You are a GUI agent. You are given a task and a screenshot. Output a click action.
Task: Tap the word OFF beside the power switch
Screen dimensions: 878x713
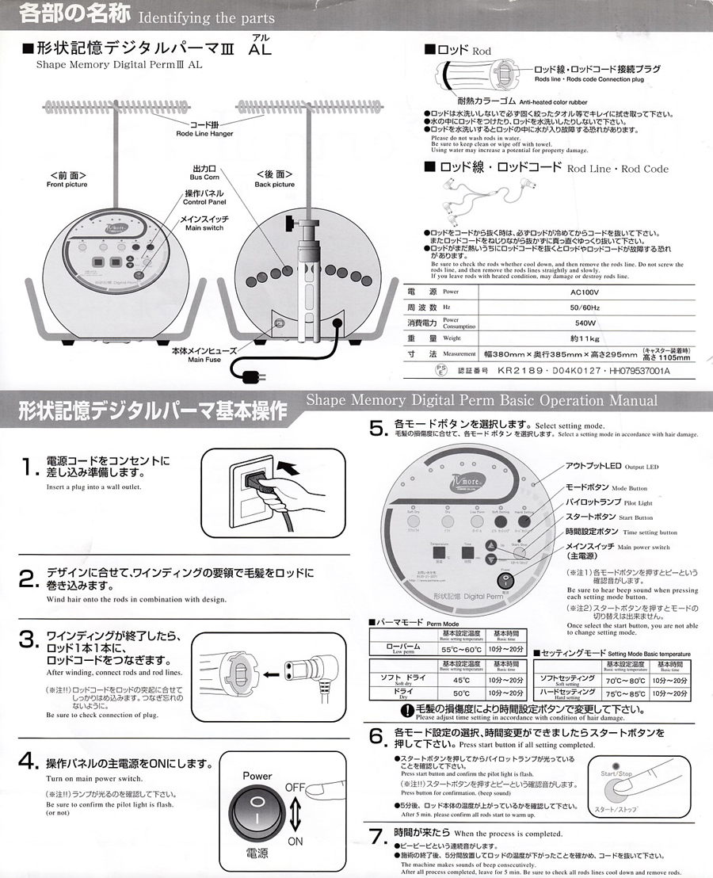click(295, 786)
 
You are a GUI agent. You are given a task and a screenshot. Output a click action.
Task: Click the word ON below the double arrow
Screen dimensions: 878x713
click(295, 841)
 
